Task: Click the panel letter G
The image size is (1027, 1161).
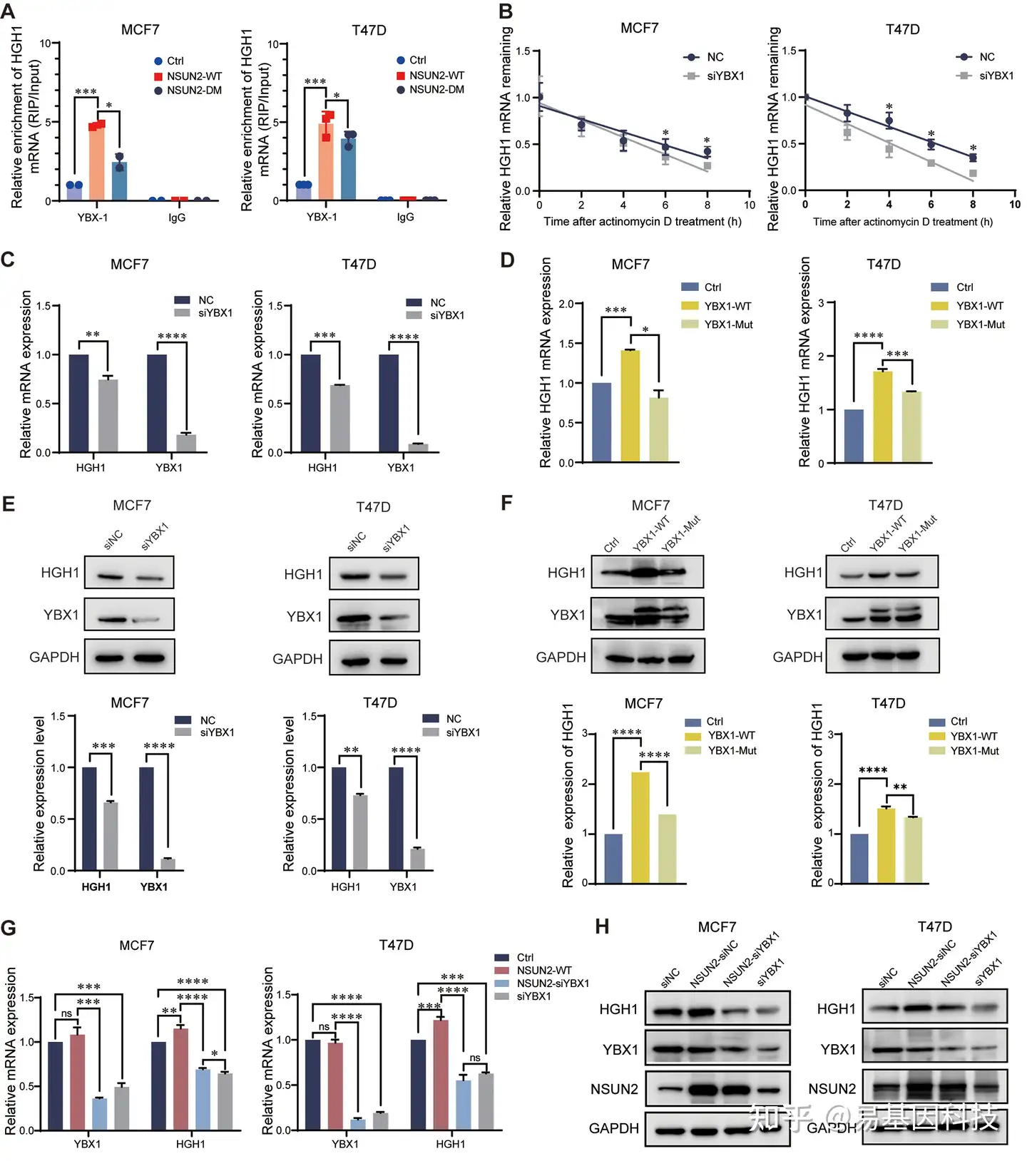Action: coord(9,928)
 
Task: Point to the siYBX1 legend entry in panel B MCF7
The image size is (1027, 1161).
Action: coord(725,76)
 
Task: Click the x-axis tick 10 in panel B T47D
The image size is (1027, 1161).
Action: coord(1014,205)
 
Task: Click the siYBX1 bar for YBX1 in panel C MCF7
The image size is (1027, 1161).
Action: coord(186,443)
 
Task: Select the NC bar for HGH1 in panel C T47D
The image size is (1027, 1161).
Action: coord(310,404)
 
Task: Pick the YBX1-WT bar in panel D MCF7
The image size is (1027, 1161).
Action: coord(630,406)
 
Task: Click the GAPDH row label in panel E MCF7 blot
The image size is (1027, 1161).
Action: coord(54,657)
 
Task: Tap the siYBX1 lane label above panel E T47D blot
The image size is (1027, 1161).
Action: coord(396,538)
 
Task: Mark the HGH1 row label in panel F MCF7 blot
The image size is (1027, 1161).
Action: coord(566,573)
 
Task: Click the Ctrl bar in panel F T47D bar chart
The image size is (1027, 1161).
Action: coord(859,859)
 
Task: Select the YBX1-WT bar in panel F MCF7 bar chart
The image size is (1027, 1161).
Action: coord(640,827)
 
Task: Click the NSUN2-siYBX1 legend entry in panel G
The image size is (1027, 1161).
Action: coord(552,983)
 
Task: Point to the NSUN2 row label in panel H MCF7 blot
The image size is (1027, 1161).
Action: coord(614,1089)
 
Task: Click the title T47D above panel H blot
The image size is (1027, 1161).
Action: coord(934,926)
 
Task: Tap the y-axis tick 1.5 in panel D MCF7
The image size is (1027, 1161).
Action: coord(566,344)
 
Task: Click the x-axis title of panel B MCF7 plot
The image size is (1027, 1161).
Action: coord(642,222)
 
